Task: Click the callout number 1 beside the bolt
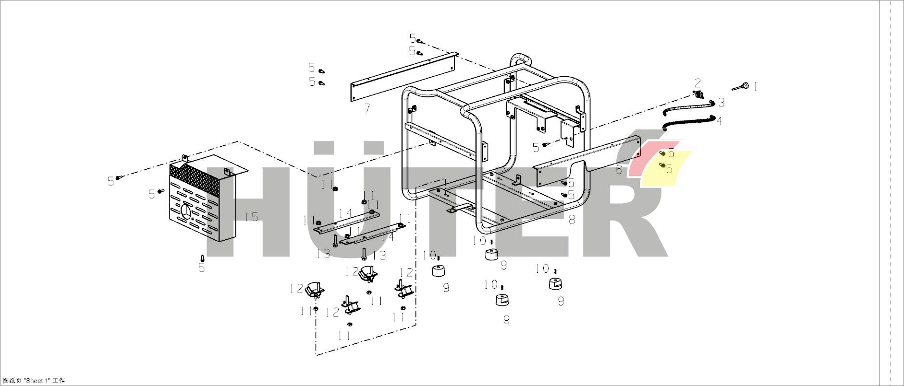tap(755, 87)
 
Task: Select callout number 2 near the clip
tap(698, 83)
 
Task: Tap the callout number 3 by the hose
tap(721, 102)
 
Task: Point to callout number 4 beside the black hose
tap(719, 121)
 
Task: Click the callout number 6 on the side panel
tap(619, 169)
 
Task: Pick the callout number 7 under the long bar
tap(367, 108)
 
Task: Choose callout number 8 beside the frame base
tap(572, 220)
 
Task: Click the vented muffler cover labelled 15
tap(197, 201)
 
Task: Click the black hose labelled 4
tap(689, 122)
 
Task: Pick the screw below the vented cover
tap(202, 258)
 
